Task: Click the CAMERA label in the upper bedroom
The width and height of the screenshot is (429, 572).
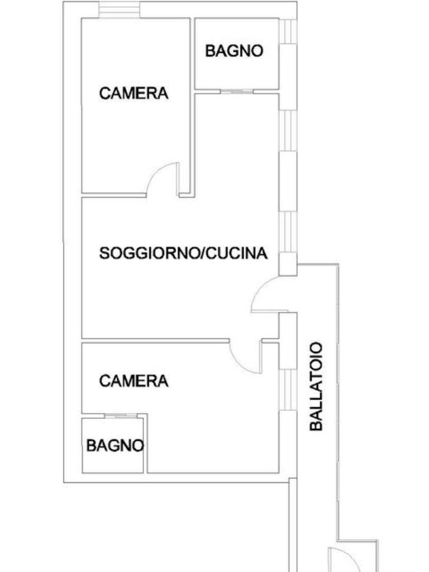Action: point(134,93)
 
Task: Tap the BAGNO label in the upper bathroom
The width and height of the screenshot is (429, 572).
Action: point(233,51)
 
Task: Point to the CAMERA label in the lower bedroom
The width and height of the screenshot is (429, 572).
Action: point(134,381)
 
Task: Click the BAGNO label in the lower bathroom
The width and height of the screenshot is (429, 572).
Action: point(115,446)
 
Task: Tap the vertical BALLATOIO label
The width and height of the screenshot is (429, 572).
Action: point(316,386)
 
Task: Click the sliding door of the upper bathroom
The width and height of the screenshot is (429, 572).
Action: point(237,91)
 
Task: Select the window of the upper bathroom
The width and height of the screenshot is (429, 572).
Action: point(288,31)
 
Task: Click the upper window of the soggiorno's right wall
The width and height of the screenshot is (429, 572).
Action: point(287,130)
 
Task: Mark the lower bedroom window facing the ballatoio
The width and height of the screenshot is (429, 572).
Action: point(287,389)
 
